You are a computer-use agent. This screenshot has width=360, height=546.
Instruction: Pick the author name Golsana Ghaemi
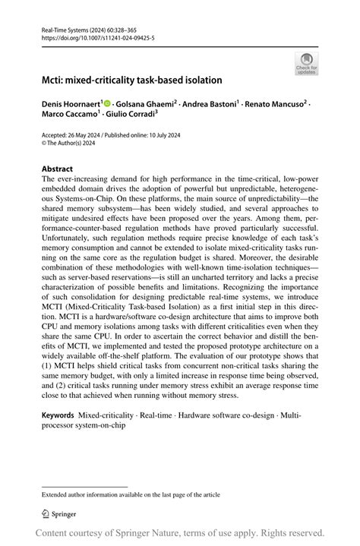[147, 103]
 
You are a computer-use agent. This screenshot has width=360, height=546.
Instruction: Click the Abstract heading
[58, 169]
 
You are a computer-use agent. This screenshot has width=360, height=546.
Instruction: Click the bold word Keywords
[58, 415]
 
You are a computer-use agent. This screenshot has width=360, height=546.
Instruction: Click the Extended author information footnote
[131, 494]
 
